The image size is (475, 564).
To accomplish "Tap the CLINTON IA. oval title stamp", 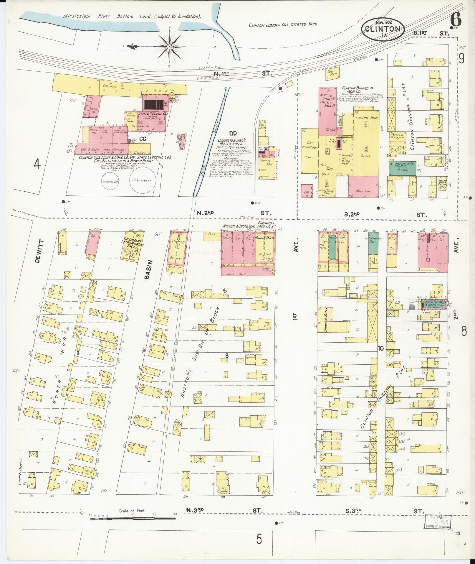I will tap(382, 29).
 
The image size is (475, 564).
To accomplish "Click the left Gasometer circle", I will tap(110, 182).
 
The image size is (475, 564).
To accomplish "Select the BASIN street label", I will tap(150, 269).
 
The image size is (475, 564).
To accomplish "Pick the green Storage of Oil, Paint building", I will tap(402, 168).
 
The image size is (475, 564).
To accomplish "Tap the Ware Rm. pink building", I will tap(363, 187).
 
